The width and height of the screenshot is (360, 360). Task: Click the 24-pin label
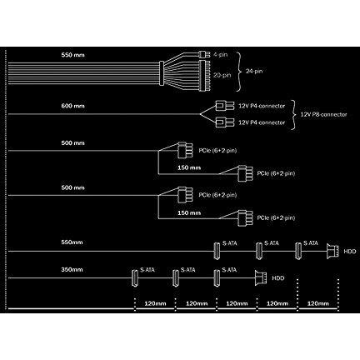click(254, 71)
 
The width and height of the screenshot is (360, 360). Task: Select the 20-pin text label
click(222, 75)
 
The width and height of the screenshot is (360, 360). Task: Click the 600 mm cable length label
click(72, 106)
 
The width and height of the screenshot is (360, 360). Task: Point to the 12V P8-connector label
click(323, 114)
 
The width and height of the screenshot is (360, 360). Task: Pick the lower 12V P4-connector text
click(262, 122)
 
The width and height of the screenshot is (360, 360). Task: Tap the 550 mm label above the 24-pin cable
click(72, 55)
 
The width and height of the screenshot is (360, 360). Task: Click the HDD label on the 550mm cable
click(350, 252)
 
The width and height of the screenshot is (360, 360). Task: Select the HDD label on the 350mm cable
click(277, 278)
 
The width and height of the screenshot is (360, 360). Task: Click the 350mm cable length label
click(72, 269)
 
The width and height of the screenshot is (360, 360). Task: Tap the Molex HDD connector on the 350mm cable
click(261, 277)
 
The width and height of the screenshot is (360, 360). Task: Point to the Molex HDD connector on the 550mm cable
click(332, 251)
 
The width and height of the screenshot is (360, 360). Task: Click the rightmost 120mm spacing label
click(318, 303)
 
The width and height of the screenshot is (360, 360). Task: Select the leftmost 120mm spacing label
click(155, 303)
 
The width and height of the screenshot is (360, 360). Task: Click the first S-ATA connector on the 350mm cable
click(135, 277)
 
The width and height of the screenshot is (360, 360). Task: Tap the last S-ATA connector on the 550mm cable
click(298, 251)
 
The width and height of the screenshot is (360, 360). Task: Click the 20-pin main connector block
click(204, 76)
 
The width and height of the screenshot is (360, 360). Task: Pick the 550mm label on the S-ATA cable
click(72, 242)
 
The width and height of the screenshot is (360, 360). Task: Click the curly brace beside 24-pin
click(237, 72)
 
